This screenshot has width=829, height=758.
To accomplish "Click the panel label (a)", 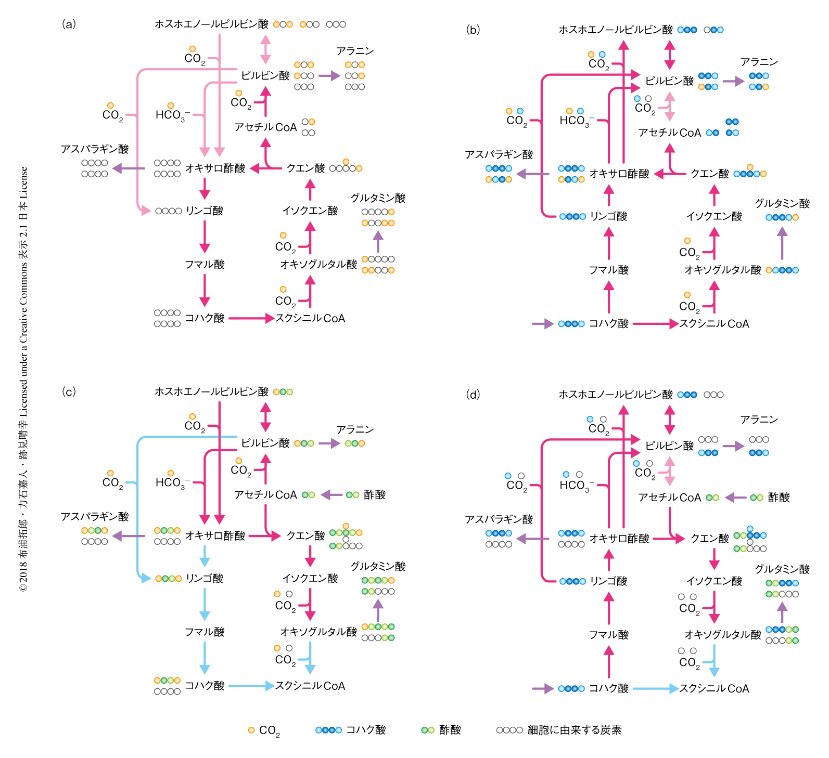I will [x=69, y=24].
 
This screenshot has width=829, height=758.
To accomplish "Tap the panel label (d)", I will [x=473, y=395].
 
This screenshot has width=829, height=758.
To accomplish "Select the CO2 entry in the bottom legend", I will [x=264, y=730].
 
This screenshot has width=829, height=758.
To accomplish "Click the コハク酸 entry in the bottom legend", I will [x=351, y=730].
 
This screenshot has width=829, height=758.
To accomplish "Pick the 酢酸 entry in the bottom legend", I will [x=441, y=730].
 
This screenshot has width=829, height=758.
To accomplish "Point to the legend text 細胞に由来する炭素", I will [x=575, y=730].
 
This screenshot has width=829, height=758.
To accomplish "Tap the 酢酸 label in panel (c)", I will [x=375, y=494].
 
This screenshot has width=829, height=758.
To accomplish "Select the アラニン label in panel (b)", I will [x=759, y=62].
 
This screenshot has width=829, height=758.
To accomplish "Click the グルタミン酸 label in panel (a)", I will [x=378, y=198].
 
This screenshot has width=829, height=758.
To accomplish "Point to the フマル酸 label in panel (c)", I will [x=205, y=632].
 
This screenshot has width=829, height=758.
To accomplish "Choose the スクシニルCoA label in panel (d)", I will [x=714, y=688].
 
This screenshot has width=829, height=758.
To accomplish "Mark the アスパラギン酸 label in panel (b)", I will [x=499, y=154].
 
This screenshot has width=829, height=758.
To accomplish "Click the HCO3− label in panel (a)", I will [x=173, y=115].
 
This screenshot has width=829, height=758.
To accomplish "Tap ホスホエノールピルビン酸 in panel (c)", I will [x=211, y=391].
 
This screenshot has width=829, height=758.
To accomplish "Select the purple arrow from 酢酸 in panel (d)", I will [x=736, y=498].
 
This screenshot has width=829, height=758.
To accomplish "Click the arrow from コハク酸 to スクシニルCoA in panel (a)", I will [x=251, y=318].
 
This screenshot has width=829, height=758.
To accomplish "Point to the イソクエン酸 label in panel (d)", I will [x=714, y=581].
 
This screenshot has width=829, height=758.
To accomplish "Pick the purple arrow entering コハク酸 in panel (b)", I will [x=542, y=324].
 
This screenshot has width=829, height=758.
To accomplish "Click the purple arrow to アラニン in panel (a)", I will [x=329, y=76].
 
